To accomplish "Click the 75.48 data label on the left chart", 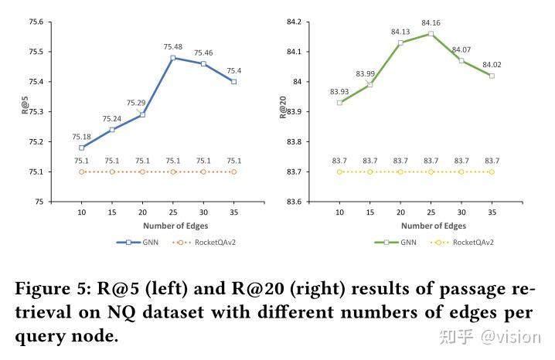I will tap(172, 47).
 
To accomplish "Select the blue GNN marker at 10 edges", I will tap(81, 148).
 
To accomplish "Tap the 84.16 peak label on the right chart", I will tap(431, 23).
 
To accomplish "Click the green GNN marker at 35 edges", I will tap(492, 76).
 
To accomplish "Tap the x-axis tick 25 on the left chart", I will tap(172, 212).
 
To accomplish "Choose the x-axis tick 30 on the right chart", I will tap(461, 212).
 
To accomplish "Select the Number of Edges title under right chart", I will tap(415, 226).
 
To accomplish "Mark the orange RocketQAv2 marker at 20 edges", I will tap(142, 172).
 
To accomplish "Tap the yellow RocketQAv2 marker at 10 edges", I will tap(339, 172).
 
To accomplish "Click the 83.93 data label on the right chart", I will tap(339, 92).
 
